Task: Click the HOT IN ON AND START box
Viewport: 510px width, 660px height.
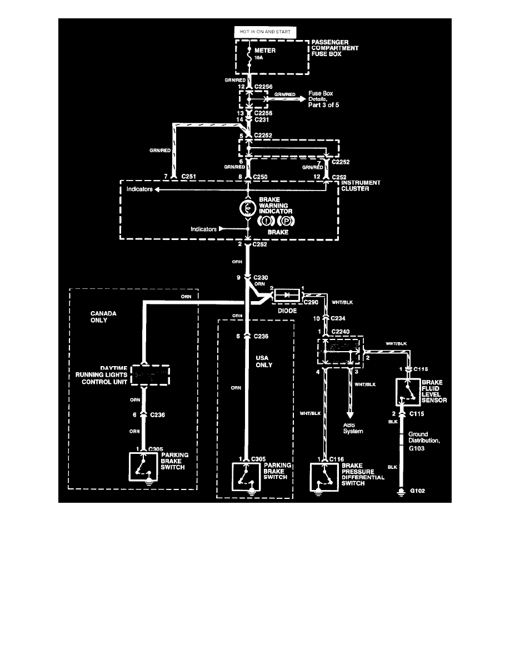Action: [266, 32]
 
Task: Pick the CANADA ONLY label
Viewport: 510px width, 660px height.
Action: [103, 317]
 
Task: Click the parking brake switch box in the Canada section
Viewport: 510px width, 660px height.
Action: [143, 466]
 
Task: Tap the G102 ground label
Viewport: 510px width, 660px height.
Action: [418, 491]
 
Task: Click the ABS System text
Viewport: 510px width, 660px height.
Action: [353, 428]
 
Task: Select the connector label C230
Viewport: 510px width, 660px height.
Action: [261, 276]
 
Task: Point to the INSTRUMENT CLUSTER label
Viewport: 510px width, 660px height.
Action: [361, 185]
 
